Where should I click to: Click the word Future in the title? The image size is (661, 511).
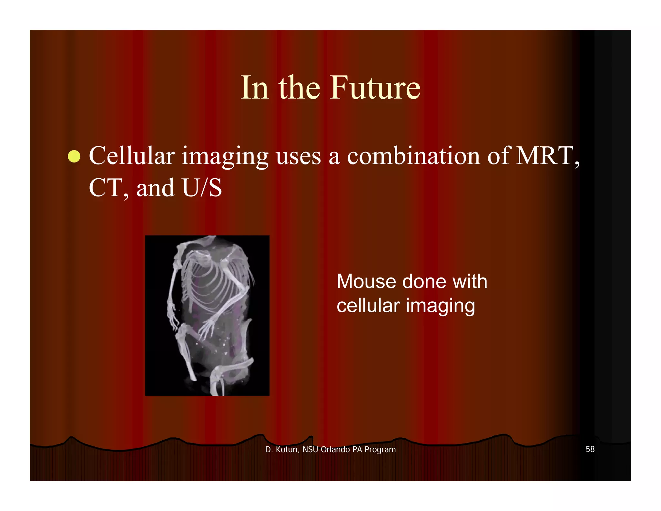(375, 88)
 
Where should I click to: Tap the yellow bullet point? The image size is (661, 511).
(74, 157)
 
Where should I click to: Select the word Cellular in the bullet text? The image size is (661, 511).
(132, 156)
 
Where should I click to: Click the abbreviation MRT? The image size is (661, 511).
(545, 156)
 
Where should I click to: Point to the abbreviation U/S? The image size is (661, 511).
(202, 188)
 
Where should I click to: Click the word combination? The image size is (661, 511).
(413, 156)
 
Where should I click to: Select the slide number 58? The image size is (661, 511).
(590, 449)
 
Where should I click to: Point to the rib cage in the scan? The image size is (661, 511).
(210, 284)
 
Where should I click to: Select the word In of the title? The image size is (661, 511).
(255, 88)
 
